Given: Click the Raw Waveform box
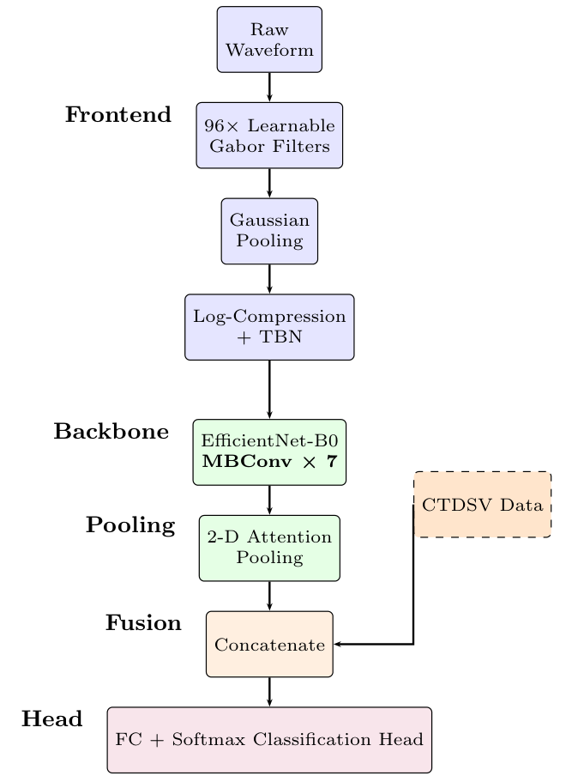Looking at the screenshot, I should click(269, 39).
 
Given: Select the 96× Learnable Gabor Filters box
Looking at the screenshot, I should click(269, 136).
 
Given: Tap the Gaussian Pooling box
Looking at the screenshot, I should click(269, 231).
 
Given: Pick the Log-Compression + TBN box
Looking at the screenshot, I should click(269, 327).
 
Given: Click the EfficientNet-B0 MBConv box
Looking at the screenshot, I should click(269, 452).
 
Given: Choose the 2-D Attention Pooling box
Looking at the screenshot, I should click(269, 548).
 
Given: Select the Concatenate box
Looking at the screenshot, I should click(269, 644).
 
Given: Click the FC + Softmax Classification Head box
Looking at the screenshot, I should click(269, 740).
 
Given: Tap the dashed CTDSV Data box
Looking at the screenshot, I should click(482, 505).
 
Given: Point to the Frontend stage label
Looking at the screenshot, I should click(118, 115).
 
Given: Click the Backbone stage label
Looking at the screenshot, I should click(111, 432).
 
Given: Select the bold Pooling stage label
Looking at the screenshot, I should click(130, 525).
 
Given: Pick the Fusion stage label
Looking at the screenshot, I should click(143, 623).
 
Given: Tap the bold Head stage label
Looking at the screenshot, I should click(52, 719).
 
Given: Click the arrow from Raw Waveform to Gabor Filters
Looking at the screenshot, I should click(269, 88).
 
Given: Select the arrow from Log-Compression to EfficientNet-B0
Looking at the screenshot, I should click(269, 389).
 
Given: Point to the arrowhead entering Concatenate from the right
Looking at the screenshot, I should click(338, 644).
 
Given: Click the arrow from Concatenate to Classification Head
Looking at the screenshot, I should click(269, 692).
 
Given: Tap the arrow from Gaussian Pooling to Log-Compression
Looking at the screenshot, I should click(269, 279).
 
